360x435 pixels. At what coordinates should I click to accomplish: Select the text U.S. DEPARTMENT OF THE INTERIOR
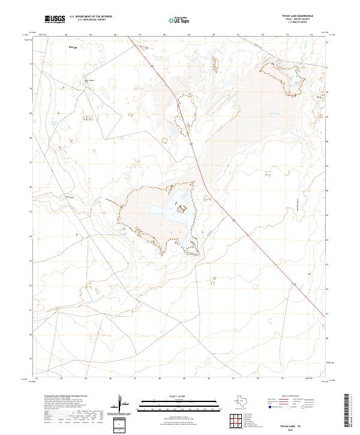click(92, 16)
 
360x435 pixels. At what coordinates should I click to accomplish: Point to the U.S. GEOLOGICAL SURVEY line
click(91, 20)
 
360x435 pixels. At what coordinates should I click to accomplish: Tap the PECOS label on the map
click(73, 46)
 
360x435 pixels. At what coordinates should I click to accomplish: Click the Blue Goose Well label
click(89, 80)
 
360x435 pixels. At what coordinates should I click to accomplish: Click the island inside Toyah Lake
click(181, 209)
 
